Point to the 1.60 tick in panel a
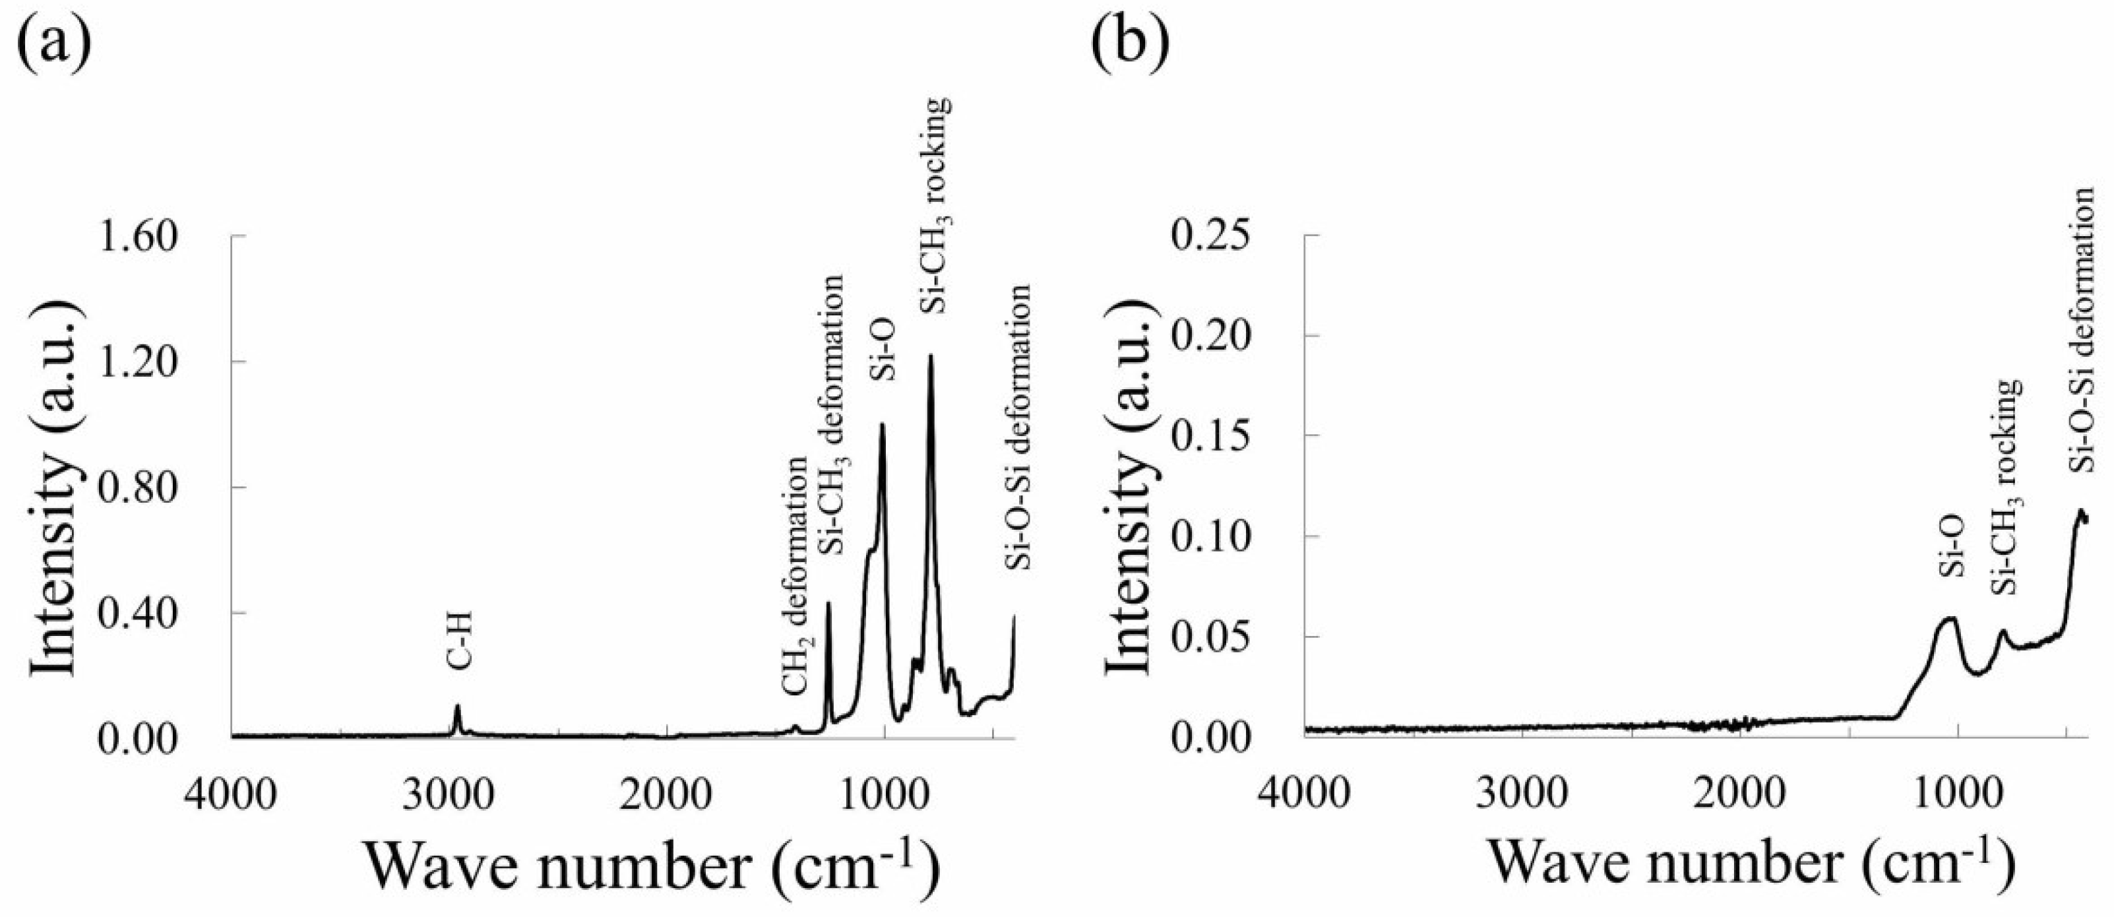pos(138,236)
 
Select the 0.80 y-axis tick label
pos(138,488)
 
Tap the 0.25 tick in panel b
pos(1211,236)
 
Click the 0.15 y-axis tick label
pos(1211,436)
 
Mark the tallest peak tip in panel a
pos(931,356)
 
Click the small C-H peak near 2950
pos(457,707)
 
